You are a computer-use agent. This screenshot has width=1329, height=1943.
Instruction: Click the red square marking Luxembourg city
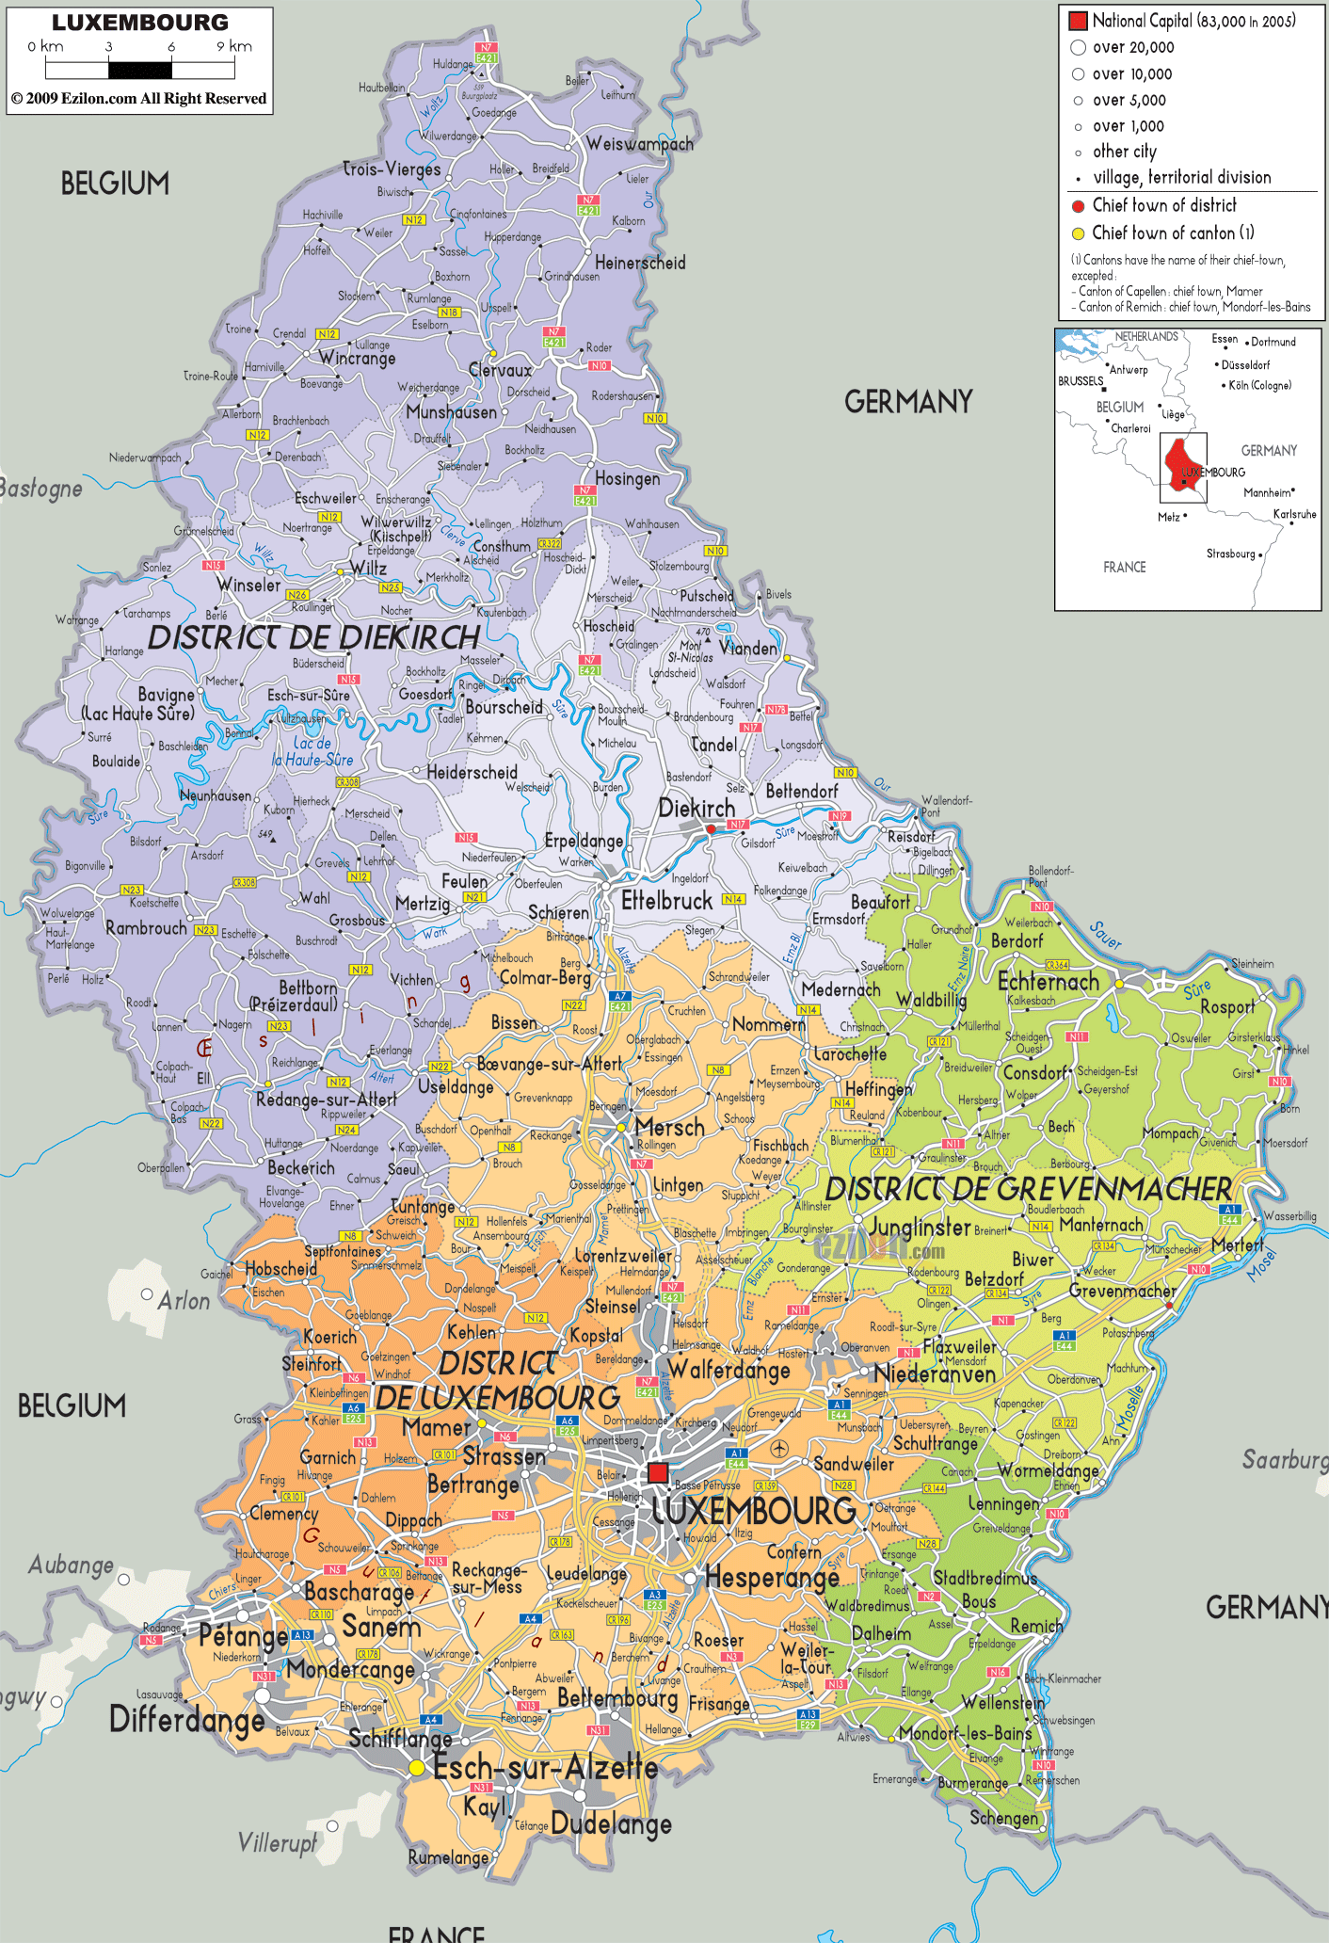pos(658,1473)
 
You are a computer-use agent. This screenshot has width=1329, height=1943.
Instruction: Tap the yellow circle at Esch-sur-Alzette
pos(416,1769)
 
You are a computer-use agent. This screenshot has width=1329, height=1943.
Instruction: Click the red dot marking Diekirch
pos(711,829)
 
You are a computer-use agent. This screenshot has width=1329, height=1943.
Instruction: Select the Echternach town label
pos(1048,981)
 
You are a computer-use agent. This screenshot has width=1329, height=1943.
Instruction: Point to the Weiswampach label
pos(639,144)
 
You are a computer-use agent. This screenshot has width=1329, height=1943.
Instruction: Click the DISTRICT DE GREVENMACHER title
pos(1028,1189)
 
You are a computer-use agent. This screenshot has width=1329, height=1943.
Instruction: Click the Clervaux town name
pos(501,370)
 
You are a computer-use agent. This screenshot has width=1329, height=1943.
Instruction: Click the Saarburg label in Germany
pos(1285,1459)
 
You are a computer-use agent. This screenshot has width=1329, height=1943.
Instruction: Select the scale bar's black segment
pos(140,70)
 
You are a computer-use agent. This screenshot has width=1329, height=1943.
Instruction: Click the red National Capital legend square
pos(1078,20)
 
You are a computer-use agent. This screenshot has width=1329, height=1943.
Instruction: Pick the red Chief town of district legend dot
pos(1078,205)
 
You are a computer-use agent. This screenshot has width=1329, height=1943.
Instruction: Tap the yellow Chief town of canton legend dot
pos(1078,233)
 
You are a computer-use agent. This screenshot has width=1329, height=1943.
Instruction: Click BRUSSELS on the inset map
pos(1080,381)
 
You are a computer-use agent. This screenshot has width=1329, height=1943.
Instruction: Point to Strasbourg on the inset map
pos(1230,554)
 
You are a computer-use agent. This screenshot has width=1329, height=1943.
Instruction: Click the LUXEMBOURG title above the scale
pos(140,23)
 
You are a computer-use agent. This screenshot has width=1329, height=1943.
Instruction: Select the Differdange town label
pos(187,1719)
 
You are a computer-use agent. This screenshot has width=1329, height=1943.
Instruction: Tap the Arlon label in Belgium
pos(184,1300)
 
